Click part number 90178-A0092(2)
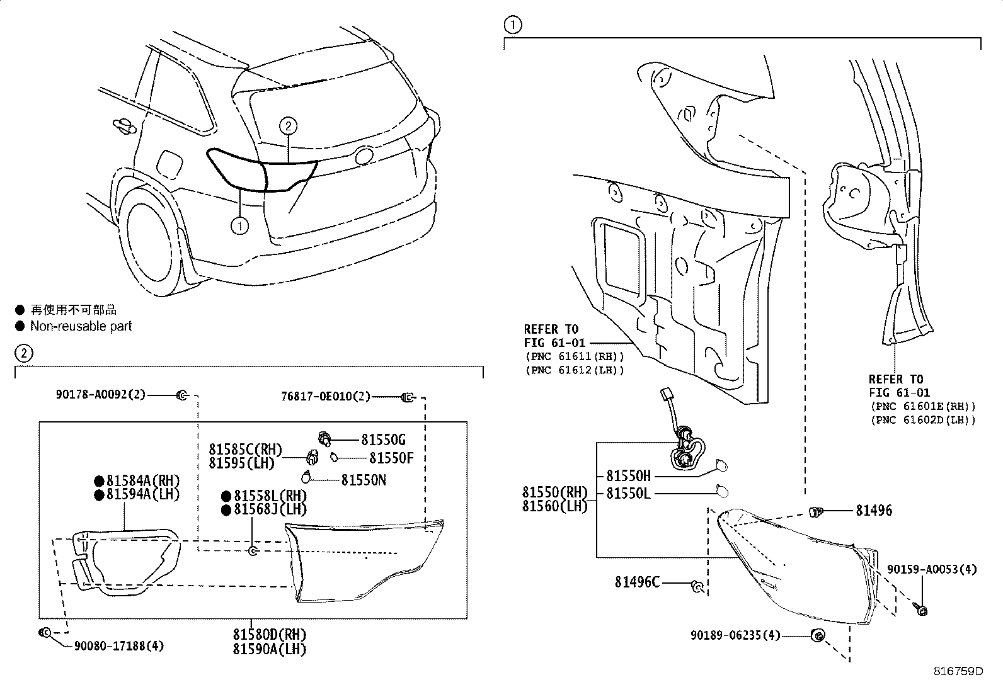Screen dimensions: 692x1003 (x=100, y=395)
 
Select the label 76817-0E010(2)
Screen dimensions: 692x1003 (x=326, y=397)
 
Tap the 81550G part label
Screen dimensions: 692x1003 (x=383, y=440)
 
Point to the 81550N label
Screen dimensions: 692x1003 (x=364, y=480)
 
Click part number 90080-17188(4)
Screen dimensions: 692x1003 (x=119, y=645)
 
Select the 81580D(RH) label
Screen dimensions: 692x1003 (x=269, y=634)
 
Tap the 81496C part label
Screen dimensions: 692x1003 (x=637, y=582)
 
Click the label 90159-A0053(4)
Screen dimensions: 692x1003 (x=932, y=569)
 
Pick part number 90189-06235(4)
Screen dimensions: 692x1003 (x=735, y=635)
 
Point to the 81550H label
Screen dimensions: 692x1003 (x=628, y=476)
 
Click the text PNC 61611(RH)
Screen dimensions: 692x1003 (x=574, y=356)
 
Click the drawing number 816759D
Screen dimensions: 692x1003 (x=958, y=671)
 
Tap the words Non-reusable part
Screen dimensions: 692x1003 (x=81, y=326)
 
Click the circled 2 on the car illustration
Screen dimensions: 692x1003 (x=287, y=126)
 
